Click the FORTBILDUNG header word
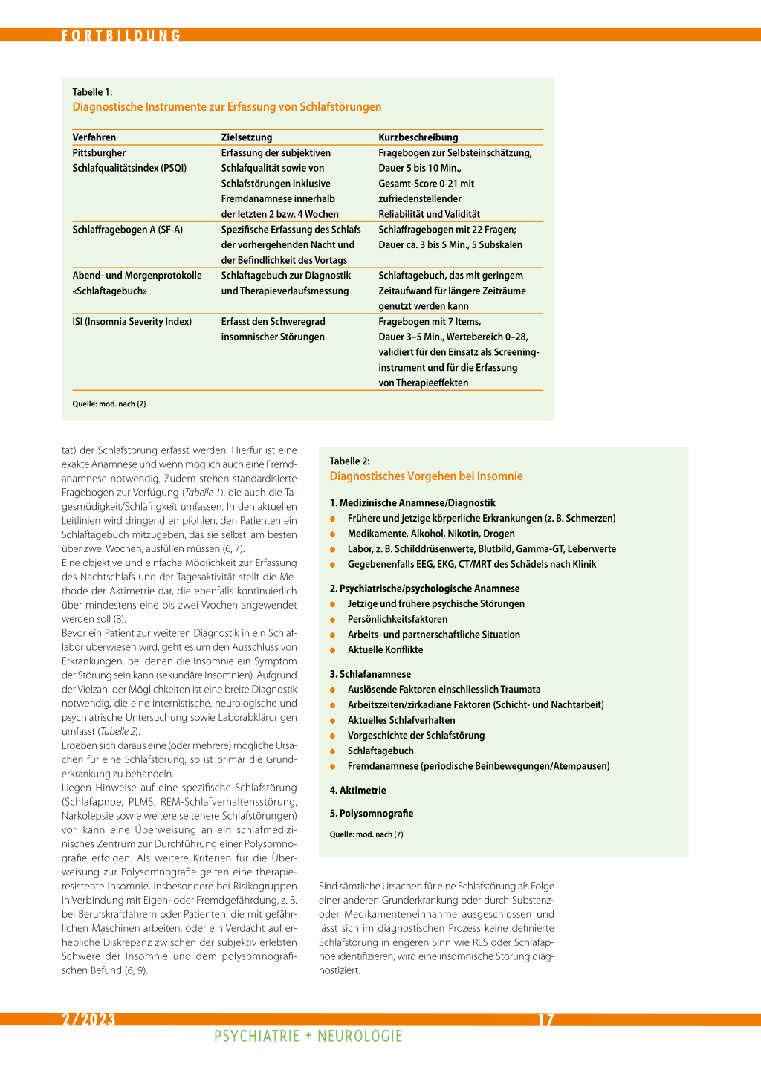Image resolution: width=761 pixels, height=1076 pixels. click(121, 36)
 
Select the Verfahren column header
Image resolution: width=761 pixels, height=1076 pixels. click(94, 137)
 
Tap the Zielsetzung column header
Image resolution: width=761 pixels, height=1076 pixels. click(247, 137)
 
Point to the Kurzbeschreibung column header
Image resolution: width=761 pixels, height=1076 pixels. click(418, 137)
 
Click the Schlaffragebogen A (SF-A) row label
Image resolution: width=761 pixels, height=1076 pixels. click(128, 230)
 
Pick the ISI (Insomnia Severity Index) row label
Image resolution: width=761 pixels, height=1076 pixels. click(132, 322)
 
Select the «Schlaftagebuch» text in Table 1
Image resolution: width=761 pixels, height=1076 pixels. click(110, 291)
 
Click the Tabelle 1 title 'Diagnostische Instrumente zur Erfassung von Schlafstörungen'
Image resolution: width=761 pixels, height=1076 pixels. click(227, 107)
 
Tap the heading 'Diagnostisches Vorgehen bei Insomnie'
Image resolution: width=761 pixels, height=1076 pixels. click(426, 476)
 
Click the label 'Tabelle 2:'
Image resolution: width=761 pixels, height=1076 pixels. click(350, 461)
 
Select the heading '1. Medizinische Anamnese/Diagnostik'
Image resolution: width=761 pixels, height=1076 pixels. click(412, 503)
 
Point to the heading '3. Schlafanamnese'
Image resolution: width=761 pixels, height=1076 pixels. click(370, 674)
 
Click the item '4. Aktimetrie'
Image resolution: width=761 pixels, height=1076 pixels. click(357, 791)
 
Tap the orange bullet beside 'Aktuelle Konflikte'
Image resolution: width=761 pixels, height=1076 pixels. click(333, 650)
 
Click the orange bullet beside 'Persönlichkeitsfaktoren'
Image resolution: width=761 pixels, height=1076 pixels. click(333, 620)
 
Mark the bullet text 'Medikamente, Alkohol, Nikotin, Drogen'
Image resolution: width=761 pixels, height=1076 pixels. click(431, 534)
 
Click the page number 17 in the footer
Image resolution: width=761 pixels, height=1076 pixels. click(546, 1020)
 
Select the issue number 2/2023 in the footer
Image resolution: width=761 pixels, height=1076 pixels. click(88, 1020)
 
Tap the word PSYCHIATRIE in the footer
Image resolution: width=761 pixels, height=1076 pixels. click(256, 1037)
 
